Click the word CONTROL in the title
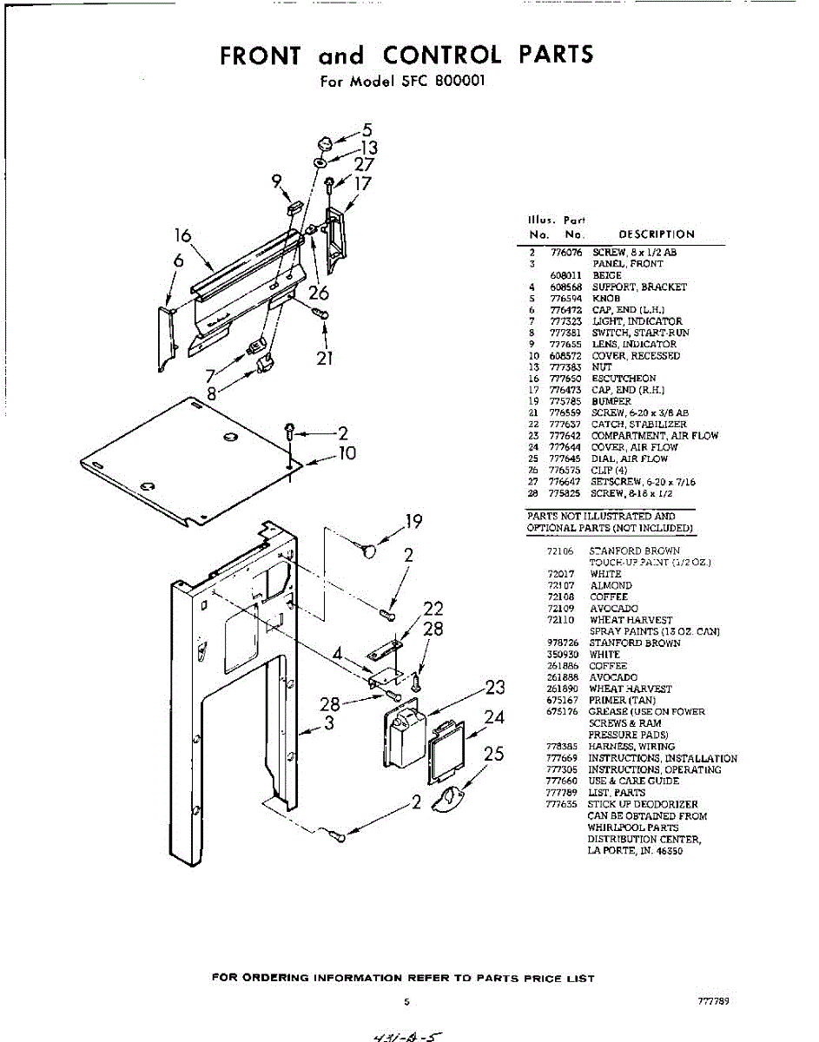pyautogui.click(x=442, y=55)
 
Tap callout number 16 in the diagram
pyautogui.click(x=182, y=235)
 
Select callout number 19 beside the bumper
pyautogui.click(x=413, y=522)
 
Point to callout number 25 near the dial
pyautogui.click(x=493, y=754)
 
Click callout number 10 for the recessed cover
pyautogui.click(x=347, y=452)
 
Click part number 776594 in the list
pyautogui.click(x=565, y=298)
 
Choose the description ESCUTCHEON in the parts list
pyautogui.click(x=624, y=379)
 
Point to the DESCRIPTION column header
pyautogui.click(x=656, y=234)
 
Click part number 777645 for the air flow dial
pyautogui.click(x=565, y=458)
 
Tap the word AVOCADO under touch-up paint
pyautogui.click(x=613, y=609)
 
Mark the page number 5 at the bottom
pyautogui.click(x=406, y=1002)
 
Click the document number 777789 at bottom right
pyautogui.click(x=712, y=1001)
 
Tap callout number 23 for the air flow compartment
pyautogui.click(x=494, y=688)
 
